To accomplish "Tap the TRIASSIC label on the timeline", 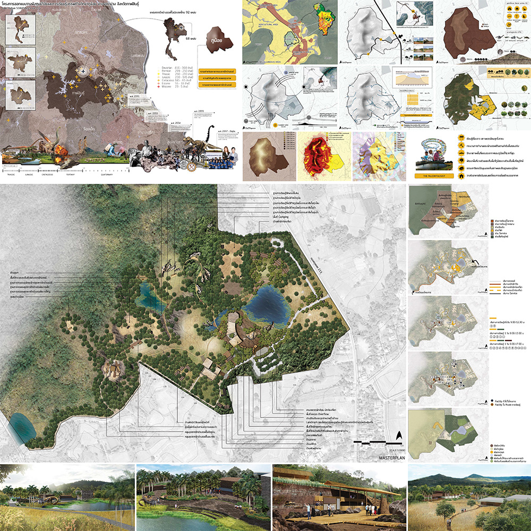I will [10, 172].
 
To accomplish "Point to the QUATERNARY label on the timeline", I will [108, 172].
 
